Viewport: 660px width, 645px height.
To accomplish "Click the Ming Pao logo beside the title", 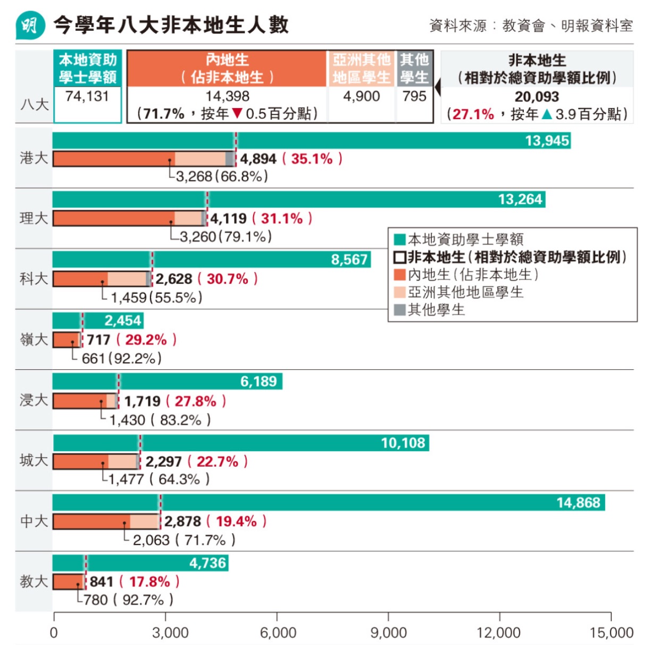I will pos(30,25).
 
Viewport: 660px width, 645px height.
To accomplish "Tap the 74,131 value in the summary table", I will pos(87,96).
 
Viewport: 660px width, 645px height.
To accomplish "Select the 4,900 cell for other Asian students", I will pos(362,96).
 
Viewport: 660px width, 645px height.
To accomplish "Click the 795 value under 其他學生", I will pos(414,96).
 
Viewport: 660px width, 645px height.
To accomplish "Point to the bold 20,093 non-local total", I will pos(537,97).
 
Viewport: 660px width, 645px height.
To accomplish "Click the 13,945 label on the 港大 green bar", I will pos(547,141).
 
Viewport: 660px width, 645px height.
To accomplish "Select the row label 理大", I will pos(34,218).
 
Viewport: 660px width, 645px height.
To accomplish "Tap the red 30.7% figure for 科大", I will pos(227,279).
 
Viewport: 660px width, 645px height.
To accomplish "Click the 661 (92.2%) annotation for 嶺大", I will pos(121,358).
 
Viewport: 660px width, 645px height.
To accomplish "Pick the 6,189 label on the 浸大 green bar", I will pos(258,382).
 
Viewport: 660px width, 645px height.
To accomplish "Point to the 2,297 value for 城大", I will pos(163,461).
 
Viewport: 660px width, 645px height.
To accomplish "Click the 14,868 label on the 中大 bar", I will pos(578,503).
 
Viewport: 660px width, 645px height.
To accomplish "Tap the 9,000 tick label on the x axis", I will pos(388,633).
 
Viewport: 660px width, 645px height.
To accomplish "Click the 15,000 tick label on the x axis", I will pos(611,633).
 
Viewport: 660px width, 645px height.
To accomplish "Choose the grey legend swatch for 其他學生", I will pos(400,310).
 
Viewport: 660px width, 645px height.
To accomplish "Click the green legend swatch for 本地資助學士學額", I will pos(400,239).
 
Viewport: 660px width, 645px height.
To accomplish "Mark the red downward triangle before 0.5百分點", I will pos(237,114).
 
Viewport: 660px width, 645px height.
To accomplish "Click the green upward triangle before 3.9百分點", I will pos(547,114).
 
